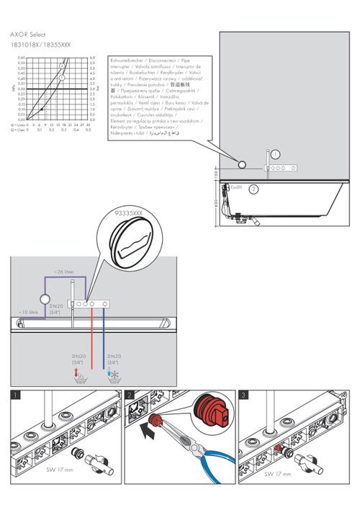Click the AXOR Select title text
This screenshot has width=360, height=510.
click(28, 34)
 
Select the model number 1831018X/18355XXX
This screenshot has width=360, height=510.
click(40, 45)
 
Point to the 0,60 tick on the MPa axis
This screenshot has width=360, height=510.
click(22, 57)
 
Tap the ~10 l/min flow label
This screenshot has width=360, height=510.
click(29, 312)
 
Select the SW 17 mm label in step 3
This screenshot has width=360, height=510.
click(277, 474)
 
